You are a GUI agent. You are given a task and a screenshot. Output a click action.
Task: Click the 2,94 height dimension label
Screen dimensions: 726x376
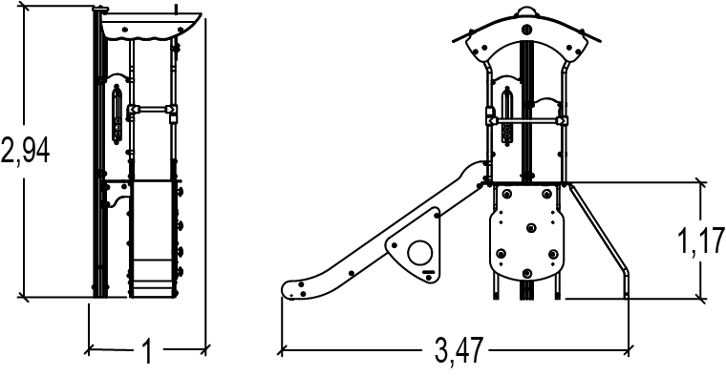coord(25,151)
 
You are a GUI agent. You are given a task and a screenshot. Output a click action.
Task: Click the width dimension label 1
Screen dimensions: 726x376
coord(147,351)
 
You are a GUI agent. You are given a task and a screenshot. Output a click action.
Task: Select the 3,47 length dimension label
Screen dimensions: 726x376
coord(459,350)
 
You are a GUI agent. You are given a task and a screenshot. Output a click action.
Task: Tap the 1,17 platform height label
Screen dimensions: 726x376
coord(701,240)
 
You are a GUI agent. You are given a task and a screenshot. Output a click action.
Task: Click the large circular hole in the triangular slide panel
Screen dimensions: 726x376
coord(420,253)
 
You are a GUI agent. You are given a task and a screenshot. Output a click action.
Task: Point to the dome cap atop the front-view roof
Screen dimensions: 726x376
coord(526,12)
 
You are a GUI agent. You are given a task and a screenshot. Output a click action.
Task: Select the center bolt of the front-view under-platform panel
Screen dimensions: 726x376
coord(531,227)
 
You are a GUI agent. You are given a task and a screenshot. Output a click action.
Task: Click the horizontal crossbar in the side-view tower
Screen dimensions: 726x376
coord(152,110)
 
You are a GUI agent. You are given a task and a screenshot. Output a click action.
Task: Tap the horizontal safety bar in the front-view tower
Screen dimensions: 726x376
coord(527,121)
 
